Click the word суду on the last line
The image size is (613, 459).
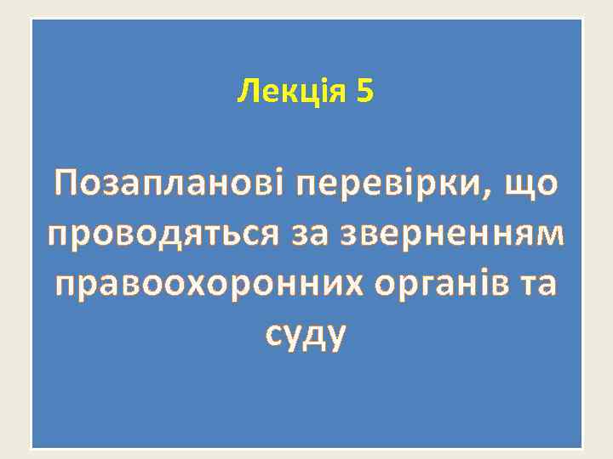pos(306,335)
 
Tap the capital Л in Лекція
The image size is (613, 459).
pos(246,90)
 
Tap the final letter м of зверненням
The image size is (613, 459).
pos(550,233)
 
